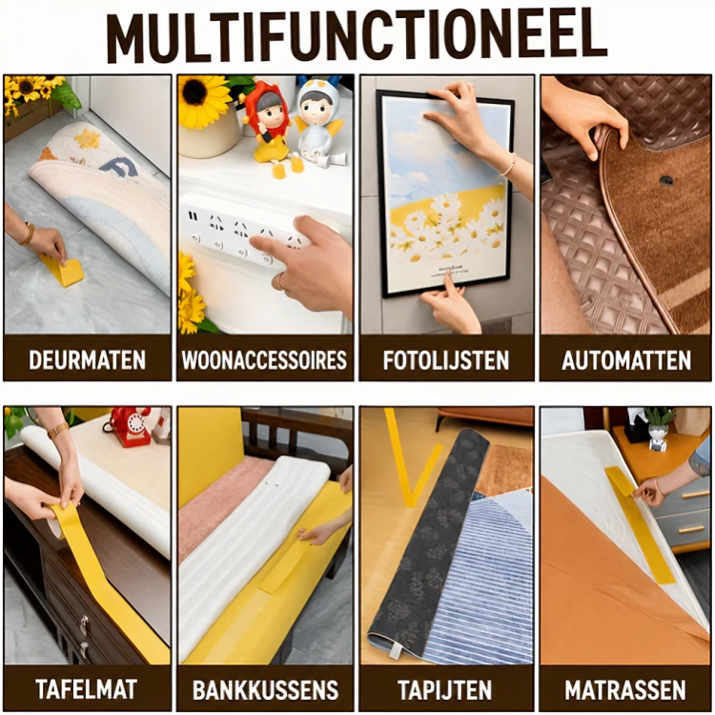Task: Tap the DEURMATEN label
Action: pos(87,359)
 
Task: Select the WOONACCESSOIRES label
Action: pos(264,359)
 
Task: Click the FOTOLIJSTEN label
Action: pos(446,360)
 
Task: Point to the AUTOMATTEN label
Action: pos(626,360)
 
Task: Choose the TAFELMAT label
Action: pos(86,689)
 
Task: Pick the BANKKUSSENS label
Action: pos(265,690)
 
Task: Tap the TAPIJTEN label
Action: pos(445,690)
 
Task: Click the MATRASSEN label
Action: pos(625,690)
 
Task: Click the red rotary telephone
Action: pos(130,426)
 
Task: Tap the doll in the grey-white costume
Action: pos(317,122)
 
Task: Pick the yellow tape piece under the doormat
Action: pos(63,271)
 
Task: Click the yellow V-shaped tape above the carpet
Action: pos(410,456)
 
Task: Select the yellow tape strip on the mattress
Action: pos(640,524)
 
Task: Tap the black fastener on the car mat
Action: pos(667,179)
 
